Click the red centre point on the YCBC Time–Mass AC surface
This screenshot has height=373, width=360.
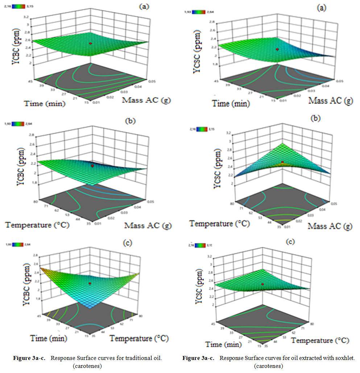pyautogui.click(x=91, y=43)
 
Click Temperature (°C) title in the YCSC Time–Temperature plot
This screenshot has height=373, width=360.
pyautogui.click(x=320, y=340)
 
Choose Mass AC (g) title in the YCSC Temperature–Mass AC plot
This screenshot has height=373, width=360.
pyautogui.click(x=330, y=226)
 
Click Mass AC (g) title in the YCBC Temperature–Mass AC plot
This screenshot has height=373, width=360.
pyautogui.click(x=148, y=225)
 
